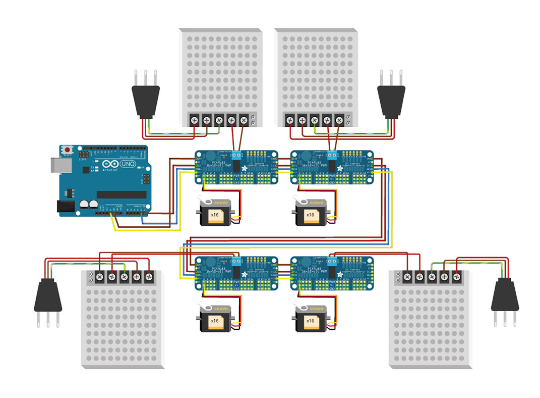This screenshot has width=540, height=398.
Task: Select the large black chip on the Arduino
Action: (x=121, y=194)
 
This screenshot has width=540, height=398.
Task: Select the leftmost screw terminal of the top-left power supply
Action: (x=195, y=120)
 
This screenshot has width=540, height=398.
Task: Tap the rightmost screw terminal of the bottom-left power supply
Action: (x=149, y=277)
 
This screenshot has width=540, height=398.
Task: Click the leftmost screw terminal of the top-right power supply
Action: (x=290, y=120)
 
